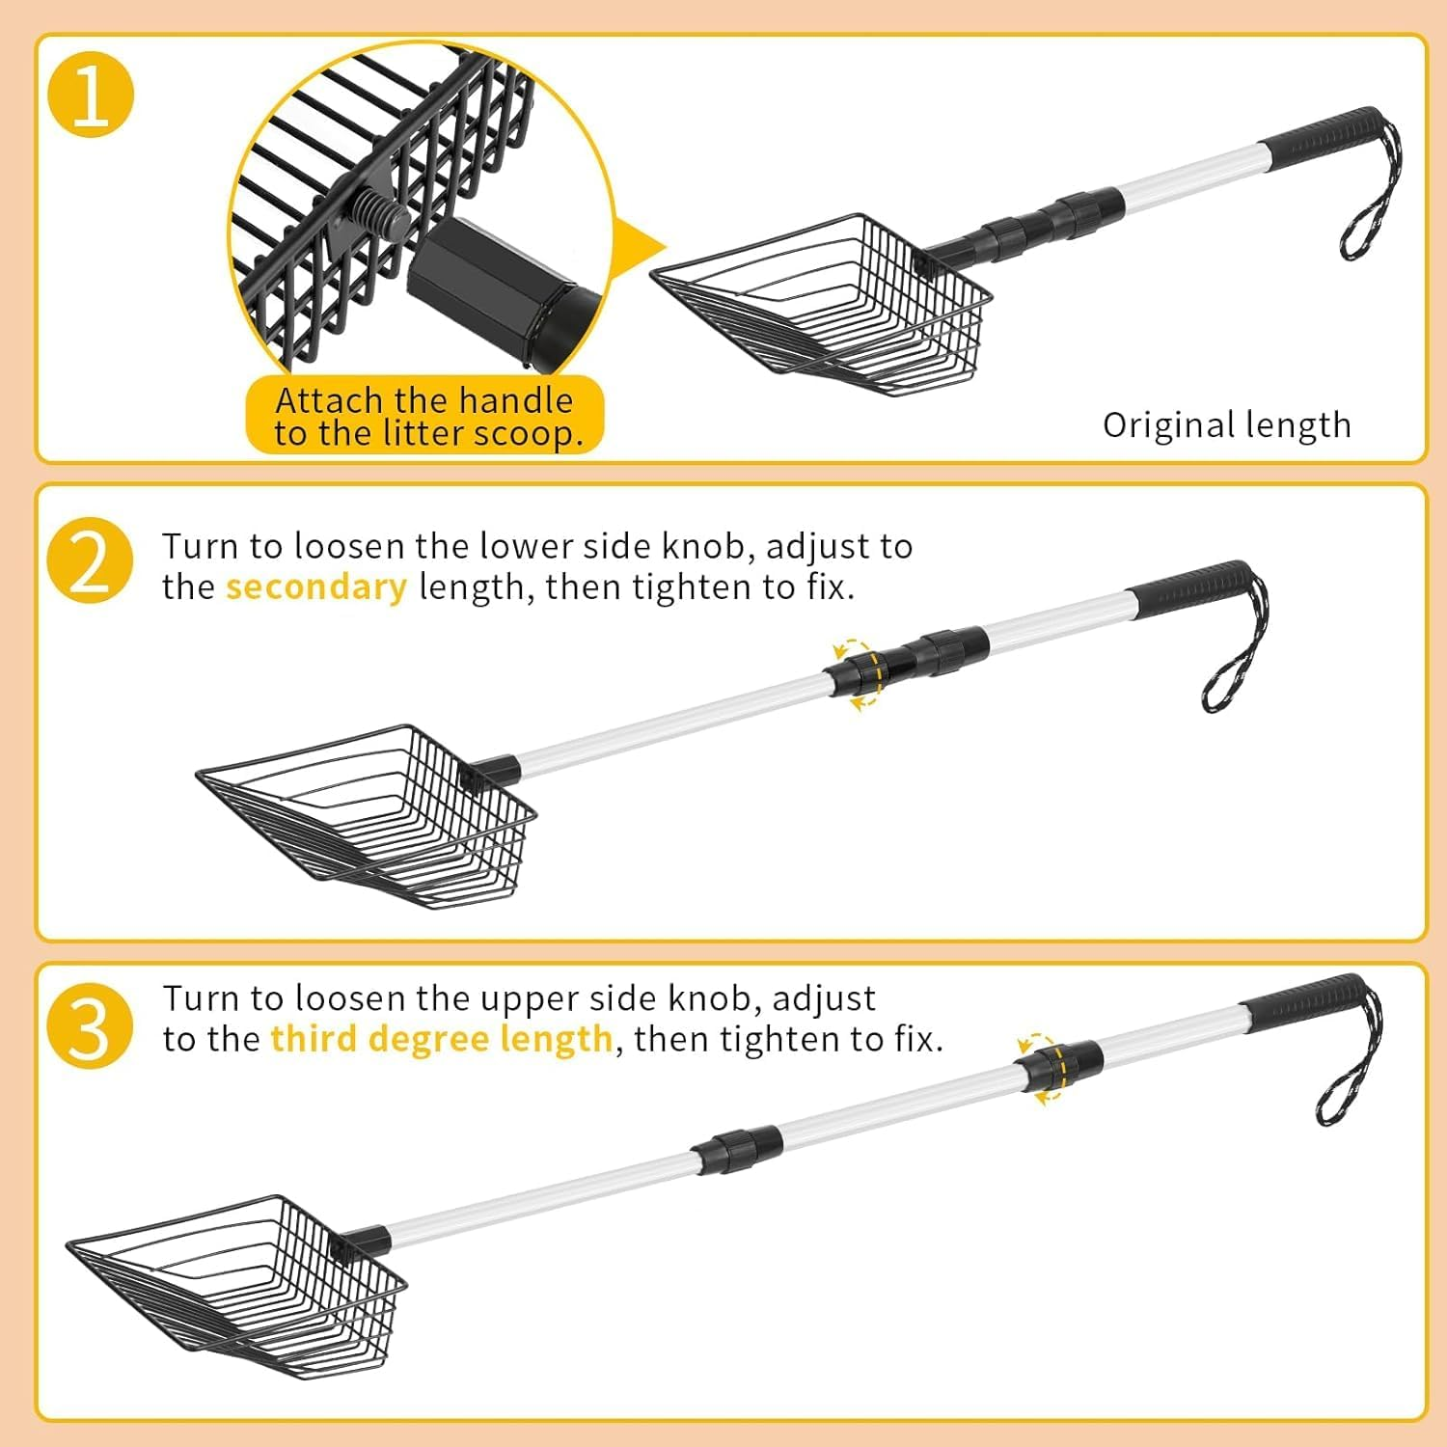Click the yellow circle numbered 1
tap(91, 96)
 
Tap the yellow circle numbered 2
tap(91, 561)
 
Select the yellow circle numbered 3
tap(91, 1025)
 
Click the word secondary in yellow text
tap(315, 587)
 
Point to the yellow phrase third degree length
tap(442, 1038)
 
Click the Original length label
tap(1226, 424)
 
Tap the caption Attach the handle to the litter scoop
tap(425, 416)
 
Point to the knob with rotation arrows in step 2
tap(856, 671)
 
